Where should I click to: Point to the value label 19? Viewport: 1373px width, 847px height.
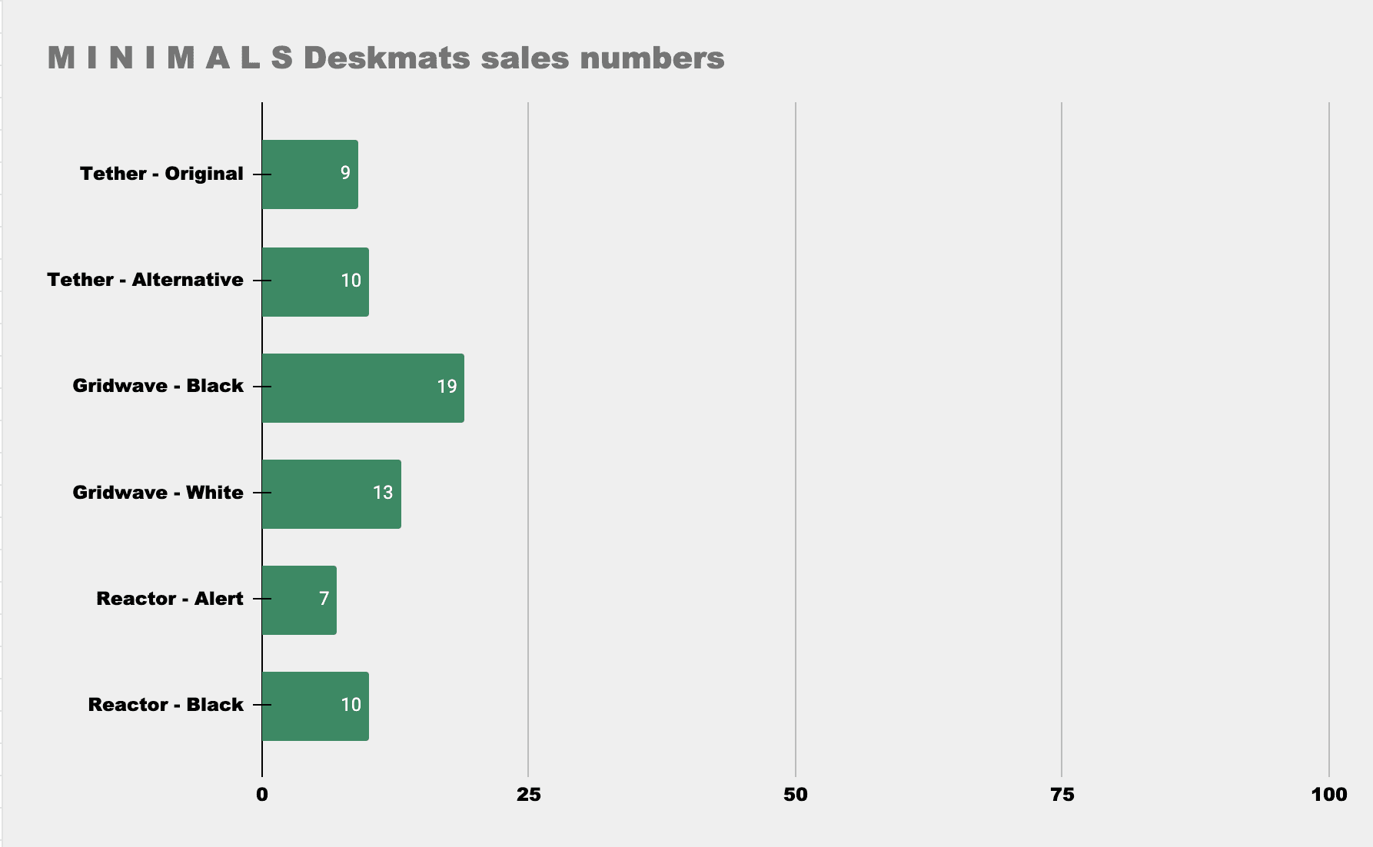447,386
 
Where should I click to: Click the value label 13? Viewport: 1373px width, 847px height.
383,493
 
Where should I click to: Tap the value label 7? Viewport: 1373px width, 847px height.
324,599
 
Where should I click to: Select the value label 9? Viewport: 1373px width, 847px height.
345,173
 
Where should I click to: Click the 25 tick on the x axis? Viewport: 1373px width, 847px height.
528,795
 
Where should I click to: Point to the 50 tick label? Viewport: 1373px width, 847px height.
795,795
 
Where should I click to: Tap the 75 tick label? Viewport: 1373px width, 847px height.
1062,795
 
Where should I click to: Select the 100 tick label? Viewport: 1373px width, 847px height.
1328,795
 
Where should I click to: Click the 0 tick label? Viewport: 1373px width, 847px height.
262,795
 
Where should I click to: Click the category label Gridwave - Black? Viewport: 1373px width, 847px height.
158,386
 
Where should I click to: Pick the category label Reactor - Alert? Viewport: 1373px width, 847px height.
169,599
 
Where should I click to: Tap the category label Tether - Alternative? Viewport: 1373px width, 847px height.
145,280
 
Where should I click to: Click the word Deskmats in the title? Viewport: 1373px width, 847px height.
387,58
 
